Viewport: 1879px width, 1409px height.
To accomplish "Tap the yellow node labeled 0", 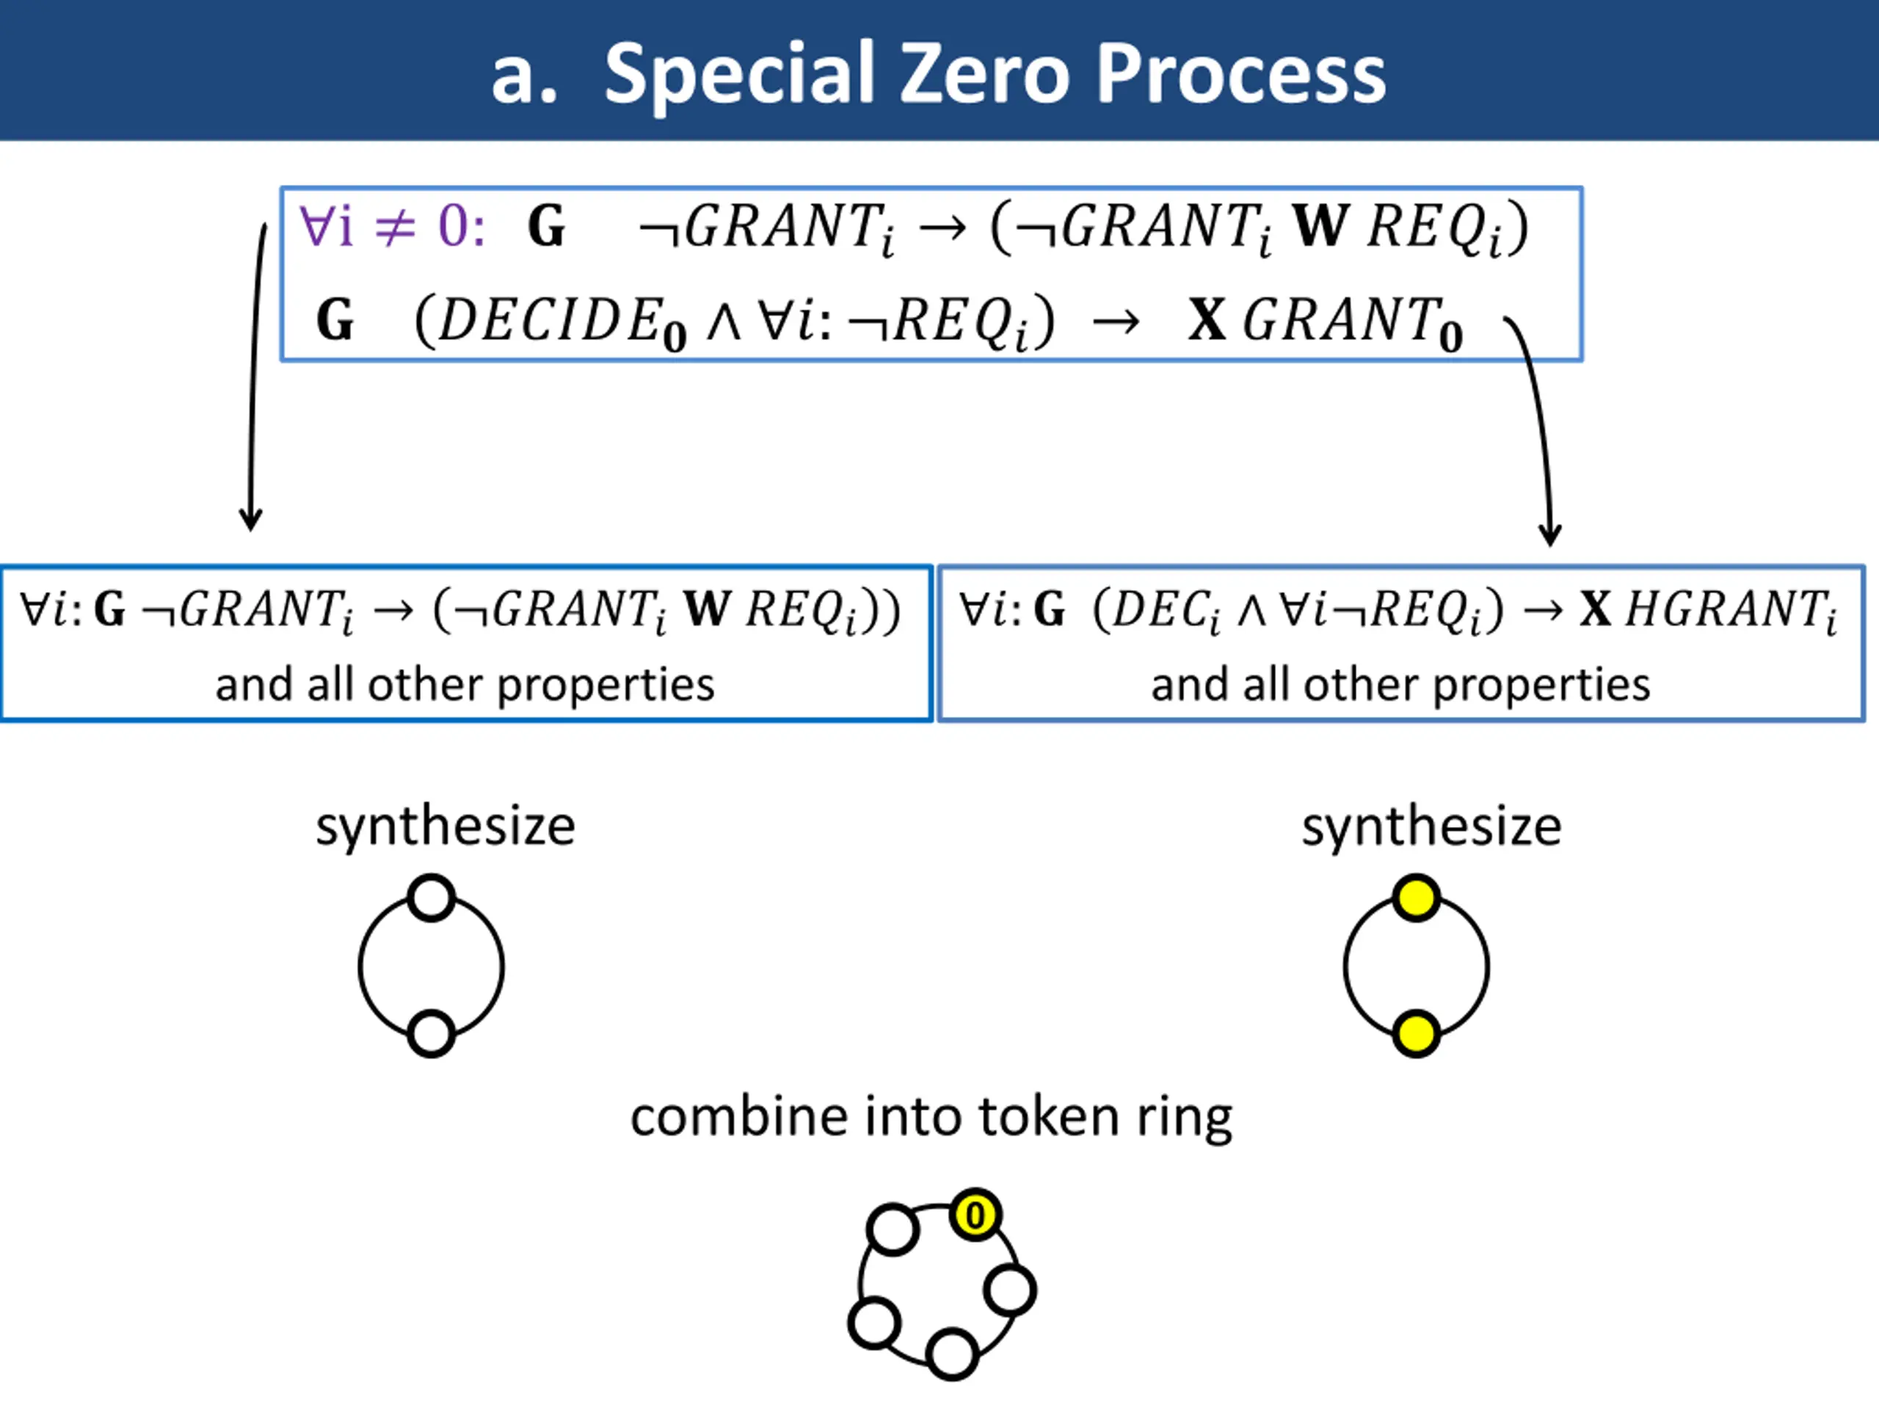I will (975, 1215).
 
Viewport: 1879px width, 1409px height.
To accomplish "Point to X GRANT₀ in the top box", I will (1324, 323).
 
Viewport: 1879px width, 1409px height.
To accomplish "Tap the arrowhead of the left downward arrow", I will (250, 520).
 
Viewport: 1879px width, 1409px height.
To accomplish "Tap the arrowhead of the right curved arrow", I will (1550, 535).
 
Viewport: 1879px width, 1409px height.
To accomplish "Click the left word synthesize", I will (445, 826).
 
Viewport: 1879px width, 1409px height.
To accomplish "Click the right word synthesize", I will (1431, 826).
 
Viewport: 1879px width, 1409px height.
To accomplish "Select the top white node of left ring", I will (432, 898).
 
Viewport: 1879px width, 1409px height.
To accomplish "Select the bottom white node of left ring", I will (432, 1033).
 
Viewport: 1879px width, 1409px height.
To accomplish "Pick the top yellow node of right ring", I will (1416, 898).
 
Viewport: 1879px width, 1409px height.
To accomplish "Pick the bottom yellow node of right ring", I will (1416, 1033).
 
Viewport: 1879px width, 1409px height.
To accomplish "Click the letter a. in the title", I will (523, 76).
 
